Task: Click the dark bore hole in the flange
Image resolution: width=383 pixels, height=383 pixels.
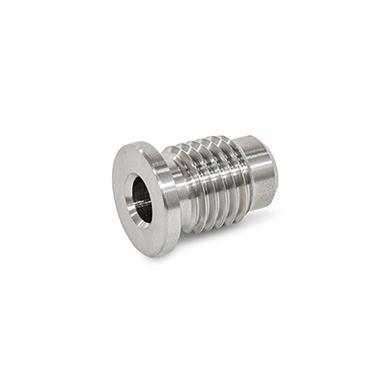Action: (x=142, y=199)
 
